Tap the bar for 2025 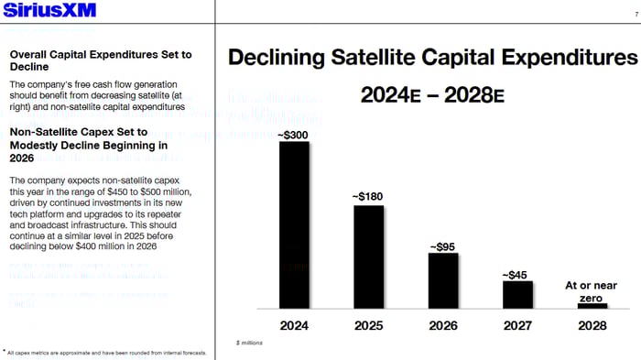pos(368,256)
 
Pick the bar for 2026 pos(442,280)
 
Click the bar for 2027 pos(517,294)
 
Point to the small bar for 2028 pos(592,305)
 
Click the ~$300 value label pos(294,135)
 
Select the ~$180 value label pos(368,197)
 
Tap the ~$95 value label pos(442,245)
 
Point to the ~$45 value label pos(516,274)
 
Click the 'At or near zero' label pos(591,292)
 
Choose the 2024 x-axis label pos(294,325)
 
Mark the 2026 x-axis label pos(442,325)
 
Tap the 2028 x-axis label pos(592,325)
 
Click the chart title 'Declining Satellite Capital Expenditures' pos(431,59)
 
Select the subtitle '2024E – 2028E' pos(431,95)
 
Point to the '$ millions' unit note pos(249,342)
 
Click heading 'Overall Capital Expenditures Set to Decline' pos(100,60)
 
